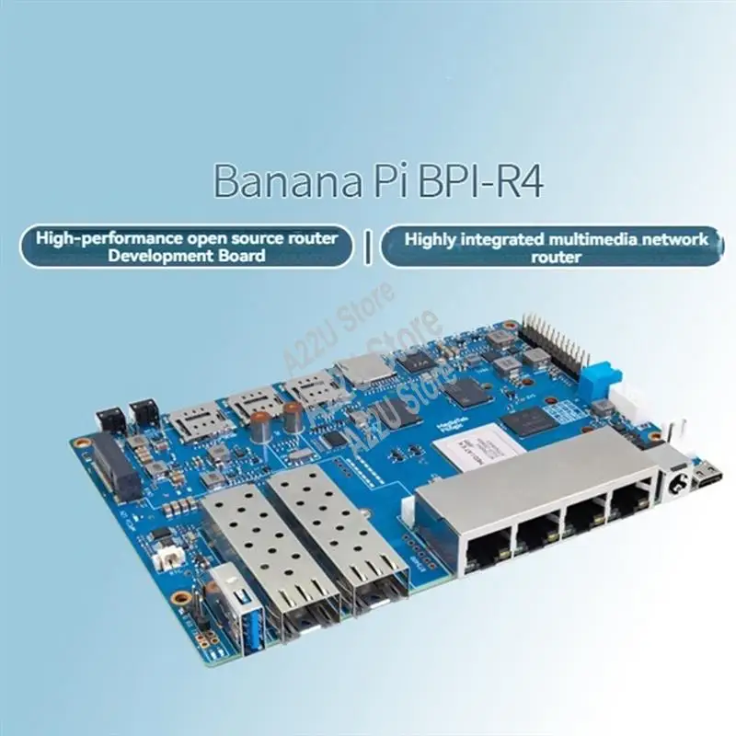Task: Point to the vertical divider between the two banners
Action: tap(368, 247)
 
